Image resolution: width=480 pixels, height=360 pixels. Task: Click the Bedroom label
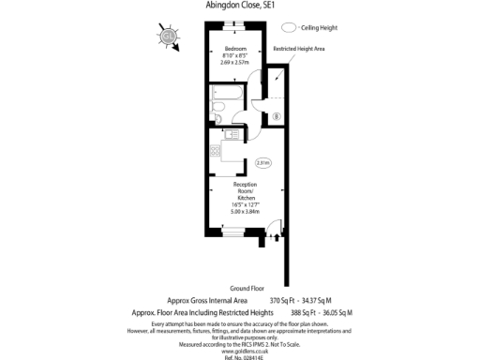click(234, 49)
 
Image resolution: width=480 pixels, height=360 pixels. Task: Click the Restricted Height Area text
click(298, 48)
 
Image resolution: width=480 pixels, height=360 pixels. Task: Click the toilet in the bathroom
click(217, 113)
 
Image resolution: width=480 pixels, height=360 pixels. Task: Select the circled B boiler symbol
click(277, 117)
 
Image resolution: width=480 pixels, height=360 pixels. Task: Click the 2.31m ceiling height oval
click(263, 163)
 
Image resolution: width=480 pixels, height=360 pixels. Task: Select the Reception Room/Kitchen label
click(246, 191)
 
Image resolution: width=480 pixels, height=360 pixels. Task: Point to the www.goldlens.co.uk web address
click(240, 346)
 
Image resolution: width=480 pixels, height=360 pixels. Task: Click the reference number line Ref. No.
click(240, 355)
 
